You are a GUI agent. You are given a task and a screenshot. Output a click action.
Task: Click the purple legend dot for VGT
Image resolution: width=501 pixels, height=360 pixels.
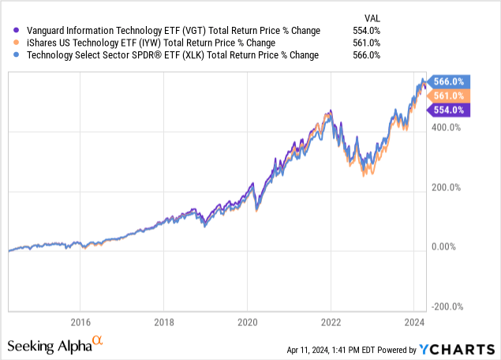(x=17, y=31)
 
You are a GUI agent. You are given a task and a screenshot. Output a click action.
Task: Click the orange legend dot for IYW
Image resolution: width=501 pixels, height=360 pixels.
(x=17, y=43)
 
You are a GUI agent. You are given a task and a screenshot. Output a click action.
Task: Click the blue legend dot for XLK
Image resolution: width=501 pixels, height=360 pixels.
(x=17, y=55)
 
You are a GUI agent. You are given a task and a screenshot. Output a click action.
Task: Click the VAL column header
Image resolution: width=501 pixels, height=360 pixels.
(x=371, y=16)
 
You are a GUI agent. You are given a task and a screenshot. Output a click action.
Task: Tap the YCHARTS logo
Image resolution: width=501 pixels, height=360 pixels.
(x=461, y=347)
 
